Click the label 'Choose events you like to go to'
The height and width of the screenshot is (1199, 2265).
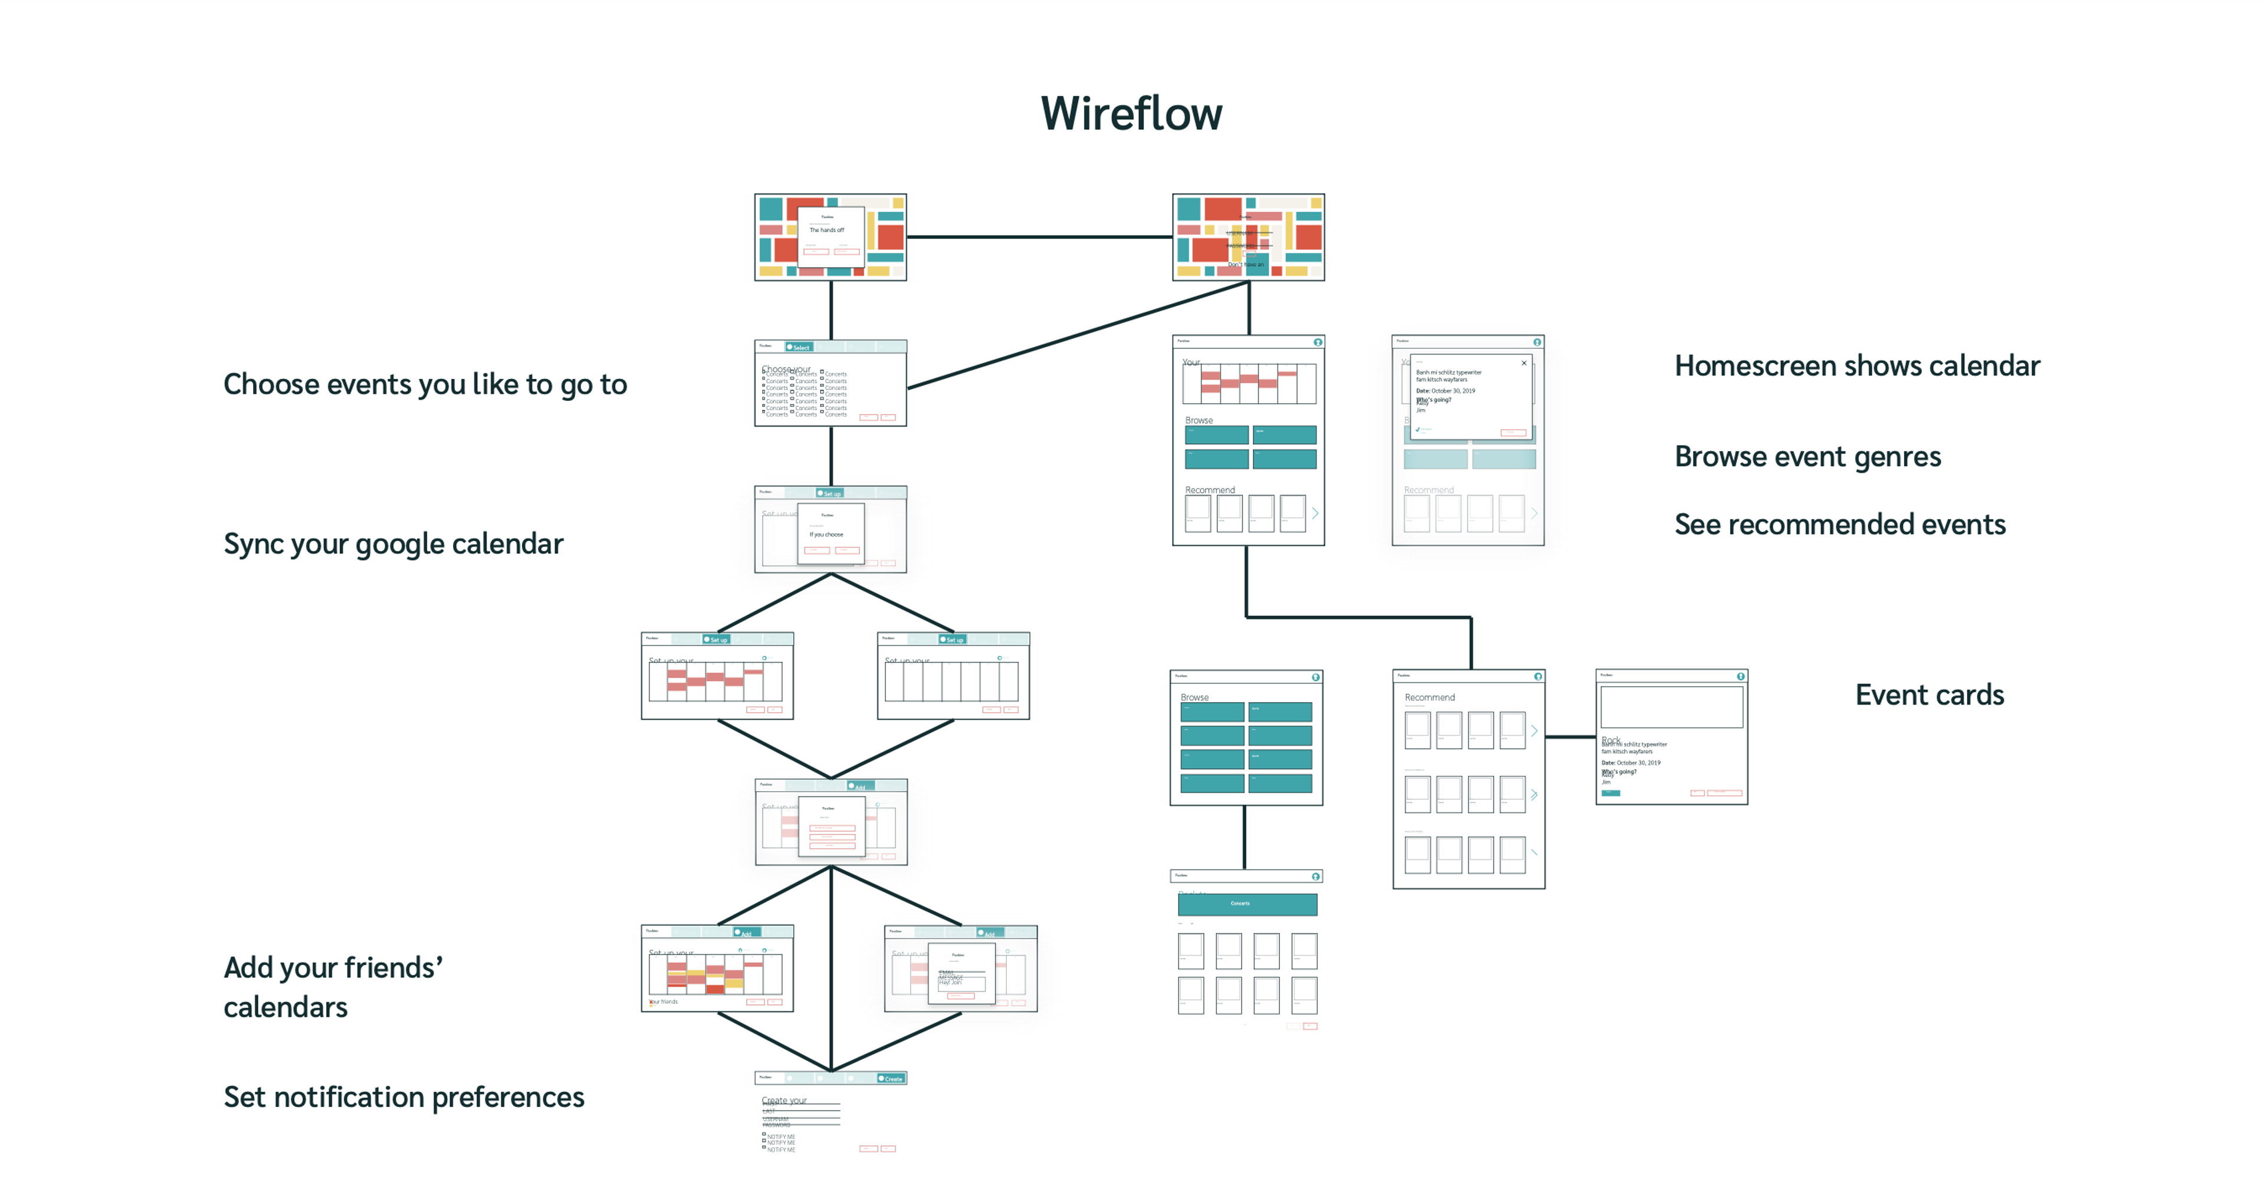click(x=425, y=384)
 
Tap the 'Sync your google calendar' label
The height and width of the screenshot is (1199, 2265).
click(x=393, y=543)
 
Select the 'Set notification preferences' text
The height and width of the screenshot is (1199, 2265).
click(x=403, y=1096)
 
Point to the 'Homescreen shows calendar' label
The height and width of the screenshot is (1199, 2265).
click(x=1856, y=365)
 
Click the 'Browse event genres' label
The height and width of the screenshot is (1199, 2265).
click(x=1807, y=456)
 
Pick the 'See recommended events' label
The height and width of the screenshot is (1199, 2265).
click(x=1840, y=524)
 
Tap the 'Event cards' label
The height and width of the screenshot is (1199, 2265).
click(x=1929, y=694)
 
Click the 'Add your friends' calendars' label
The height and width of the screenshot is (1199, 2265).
click(x=332, y=986)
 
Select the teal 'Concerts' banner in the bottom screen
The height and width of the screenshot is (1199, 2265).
click(x=1247, y=904)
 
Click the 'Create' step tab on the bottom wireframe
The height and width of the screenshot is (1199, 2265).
click(x=891, y=1079)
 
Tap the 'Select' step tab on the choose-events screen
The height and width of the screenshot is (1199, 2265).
click(x=799, y=347)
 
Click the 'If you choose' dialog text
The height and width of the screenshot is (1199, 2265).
click(x=826, y=535)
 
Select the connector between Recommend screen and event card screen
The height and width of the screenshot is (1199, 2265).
click(x=1570, y=737)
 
